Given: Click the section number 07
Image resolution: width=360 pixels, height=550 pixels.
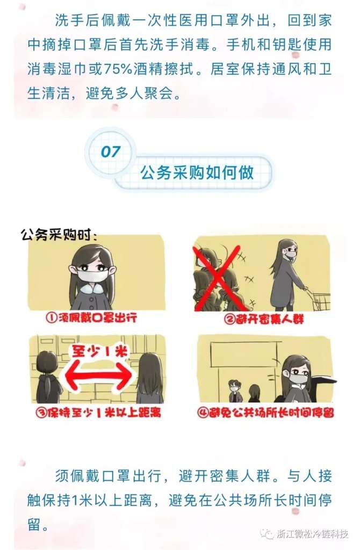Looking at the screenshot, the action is coord(111,151).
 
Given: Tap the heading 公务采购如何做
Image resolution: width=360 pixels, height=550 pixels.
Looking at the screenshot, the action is coord(197,172).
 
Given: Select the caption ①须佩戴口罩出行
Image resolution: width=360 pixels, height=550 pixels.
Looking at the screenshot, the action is coord(91,318).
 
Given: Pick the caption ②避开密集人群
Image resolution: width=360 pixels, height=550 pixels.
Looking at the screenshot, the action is coord(264,319).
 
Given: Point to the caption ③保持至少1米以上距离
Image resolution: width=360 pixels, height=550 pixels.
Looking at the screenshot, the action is coord(98,412).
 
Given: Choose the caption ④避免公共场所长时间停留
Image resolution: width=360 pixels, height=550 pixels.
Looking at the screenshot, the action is coord(265,412).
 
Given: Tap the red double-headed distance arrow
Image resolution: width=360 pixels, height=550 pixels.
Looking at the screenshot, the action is coord(99,375).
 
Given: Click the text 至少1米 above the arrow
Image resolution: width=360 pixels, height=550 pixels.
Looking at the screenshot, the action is coord(100,351).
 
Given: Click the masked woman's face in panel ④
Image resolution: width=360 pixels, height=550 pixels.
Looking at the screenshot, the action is coord(298,374).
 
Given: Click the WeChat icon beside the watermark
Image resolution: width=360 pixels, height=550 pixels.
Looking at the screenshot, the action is coord(267,533).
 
